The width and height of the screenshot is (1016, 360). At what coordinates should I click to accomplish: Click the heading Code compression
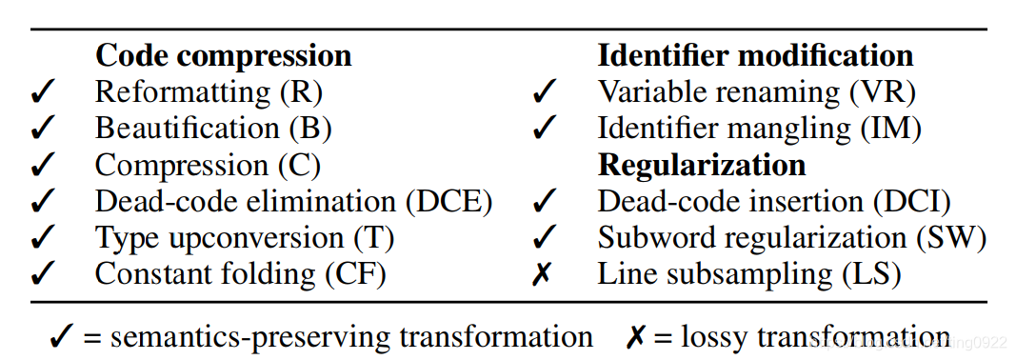(x=223, y=55)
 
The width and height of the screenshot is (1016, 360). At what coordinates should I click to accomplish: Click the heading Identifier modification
(x=755, y=55)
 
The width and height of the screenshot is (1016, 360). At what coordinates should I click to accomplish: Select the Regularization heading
(x=702, y=165)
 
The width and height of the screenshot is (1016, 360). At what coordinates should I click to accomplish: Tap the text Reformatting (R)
(x=209, y=92)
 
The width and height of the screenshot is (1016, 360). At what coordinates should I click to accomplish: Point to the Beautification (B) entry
(x=212, y=129)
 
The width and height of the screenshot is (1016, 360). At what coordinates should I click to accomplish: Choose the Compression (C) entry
(x=207, y=165)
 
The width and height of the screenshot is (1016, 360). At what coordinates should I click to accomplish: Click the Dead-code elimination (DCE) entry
(x=293, y=201)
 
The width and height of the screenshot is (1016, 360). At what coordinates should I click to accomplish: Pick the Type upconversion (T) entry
(x=244, y=237)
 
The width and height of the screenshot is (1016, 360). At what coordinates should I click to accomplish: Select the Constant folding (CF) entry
(x=240, y=274)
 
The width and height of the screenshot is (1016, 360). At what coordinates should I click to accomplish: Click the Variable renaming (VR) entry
(x=756, y=92)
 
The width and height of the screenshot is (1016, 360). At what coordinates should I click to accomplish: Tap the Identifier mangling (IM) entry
(x=759, y=129)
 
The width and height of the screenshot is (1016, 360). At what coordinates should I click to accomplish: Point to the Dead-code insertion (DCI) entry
(x=774, y=201)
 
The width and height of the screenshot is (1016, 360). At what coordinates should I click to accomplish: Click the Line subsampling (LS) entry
(x=748, y=274)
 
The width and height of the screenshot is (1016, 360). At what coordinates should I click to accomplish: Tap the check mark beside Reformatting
(x=44, y=92)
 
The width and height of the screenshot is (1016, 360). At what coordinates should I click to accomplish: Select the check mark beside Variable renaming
(x=544, y=92)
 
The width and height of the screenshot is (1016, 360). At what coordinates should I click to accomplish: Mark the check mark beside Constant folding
(x=44, y=274)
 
